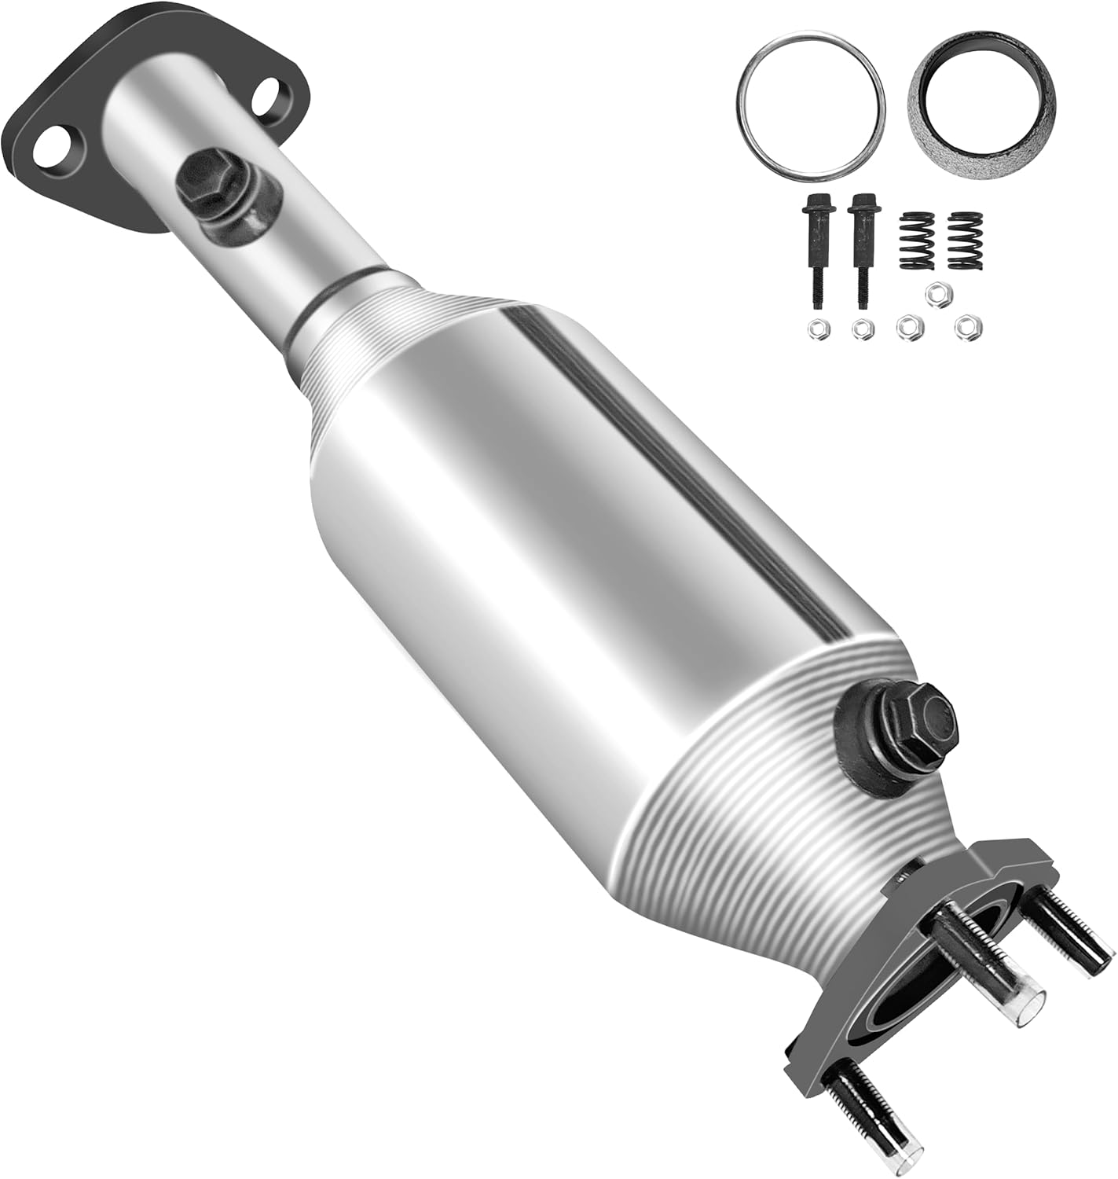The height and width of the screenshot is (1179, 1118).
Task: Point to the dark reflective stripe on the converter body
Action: (676, 472)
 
